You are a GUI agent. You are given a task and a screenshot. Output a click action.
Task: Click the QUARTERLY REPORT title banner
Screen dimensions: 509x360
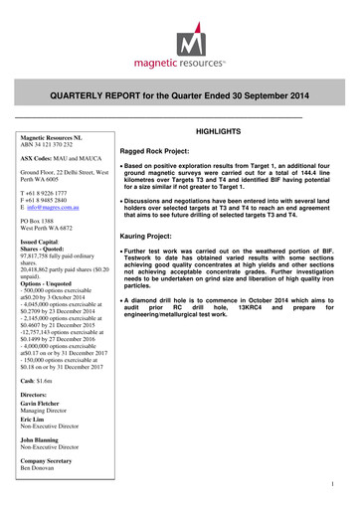179,95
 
